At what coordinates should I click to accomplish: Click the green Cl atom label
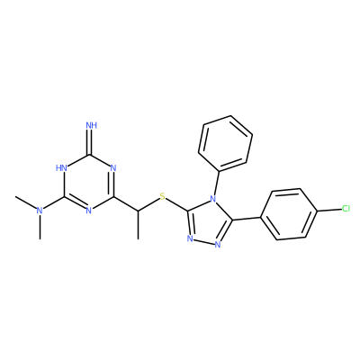[x=346, y=209]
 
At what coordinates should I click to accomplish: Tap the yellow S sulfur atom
[x=162, y=197]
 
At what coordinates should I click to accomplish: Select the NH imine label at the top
[x=92, y=125]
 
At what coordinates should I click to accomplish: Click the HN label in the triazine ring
[x=61, y=167]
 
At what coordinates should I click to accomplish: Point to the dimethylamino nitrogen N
[x=40, y=211]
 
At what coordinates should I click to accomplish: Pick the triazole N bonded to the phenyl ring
[x=212, y=199]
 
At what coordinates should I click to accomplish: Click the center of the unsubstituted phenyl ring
[x=225, y=144]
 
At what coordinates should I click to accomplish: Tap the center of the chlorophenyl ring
[x=289, y=214]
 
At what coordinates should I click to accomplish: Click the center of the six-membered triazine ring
[x=88, y=183]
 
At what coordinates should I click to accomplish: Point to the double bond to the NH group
[x=89, y=142]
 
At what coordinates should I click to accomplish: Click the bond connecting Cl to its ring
[x=329, y=210]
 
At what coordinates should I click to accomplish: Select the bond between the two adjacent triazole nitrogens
[x=204, y=242]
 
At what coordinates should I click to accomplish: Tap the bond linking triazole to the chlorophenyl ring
[x=247, y=218]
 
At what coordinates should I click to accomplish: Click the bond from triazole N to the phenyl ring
[x=217, y=184]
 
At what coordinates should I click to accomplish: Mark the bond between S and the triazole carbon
[x=176, y=205]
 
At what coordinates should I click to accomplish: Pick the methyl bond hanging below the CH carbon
[x=138, y=225]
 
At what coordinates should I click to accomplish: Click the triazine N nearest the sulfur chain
[x=113, y=167]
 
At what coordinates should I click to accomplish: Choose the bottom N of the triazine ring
[x=88, y=211]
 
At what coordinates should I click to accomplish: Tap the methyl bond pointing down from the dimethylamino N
[x=40, y=227]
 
